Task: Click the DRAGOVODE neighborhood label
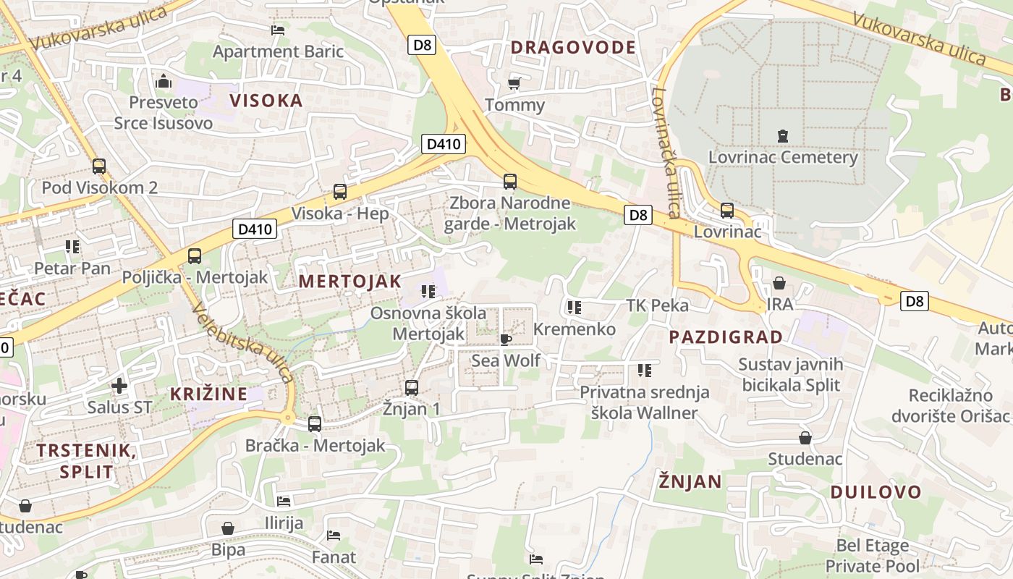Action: (572, 48)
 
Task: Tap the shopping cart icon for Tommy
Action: (514, 84)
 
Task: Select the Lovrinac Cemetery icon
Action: (782, 135)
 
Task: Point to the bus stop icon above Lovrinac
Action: (727, 211)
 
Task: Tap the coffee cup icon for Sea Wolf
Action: (505, 339)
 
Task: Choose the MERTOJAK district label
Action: (349, 282)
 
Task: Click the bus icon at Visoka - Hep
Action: (339, 192)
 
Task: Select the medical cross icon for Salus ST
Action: (119, 386)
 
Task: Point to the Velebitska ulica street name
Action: (242, 342)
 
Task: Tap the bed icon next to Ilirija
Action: (284, 501)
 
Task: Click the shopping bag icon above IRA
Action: (779, 283)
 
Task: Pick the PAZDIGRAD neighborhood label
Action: (726, 337)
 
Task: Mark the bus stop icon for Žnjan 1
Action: (412, 388)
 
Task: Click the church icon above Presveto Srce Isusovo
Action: (164, 80)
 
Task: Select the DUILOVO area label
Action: (876, 492)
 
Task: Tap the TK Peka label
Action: (657, 305)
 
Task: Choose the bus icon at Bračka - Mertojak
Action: (315, 424)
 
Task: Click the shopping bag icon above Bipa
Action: (228, 529)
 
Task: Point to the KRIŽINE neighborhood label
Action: (208, 394)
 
